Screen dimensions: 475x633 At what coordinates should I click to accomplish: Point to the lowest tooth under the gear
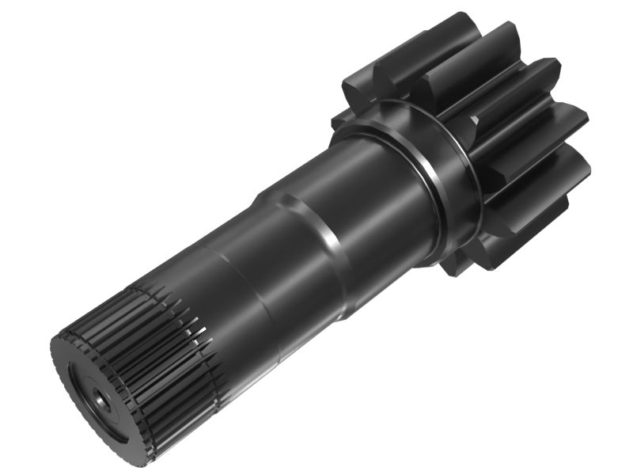475,253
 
